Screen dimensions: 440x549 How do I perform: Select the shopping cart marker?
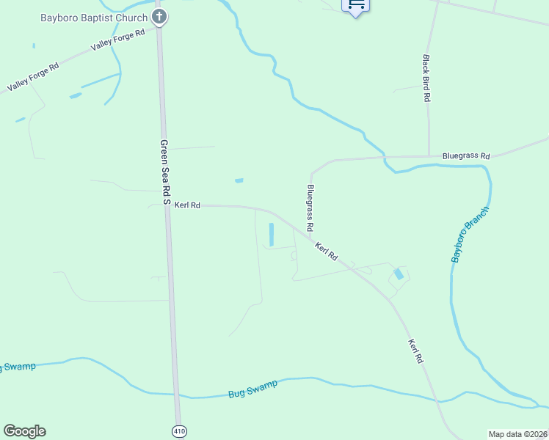[356, 6]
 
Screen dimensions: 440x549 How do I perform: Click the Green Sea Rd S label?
[165, 172]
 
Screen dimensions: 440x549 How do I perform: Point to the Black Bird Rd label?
[426, 77]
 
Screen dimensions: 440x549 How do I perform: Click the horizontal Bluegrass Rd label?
[465, 155]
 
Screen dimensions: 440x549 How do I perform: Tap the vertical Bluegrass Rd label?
[310, 209]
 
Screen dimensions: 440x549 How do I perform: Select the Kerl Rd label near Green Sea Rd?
[187, 205]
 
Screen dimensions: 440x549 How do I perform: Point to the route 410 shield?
[179, 430]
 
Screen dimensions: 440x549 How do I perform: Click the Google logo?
[24, 431]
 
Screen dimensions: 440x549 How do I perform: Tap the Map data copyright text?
[517, 434]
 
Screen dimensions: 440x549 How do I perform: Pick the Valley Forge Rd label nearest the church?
[117, 41]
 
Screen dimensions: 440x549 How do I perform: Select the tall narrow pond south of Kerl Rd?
[271, 234]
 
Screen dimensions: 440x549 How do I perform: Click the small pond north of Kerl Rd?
[239, 180]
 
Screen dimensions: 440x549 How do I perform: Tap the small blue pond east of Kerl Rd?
[398, 274]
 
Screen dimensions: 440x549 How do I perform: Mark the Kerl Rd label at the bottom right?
[415, 351]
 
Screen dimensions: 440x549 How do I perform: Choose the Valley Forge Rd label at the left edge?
[33, 77]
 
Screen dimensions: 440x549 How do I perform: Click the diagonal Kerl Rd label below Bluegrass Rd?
[326, 252]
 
